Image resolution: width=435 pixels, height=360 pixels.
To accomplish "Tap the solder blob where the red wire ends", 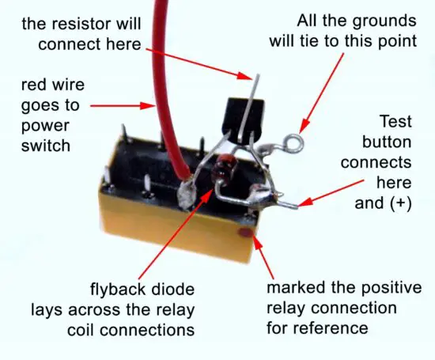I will click(x=188, y=192).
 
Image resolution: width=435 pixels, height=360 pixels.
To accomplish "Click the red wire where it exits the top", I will click(x=161, y=8).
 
